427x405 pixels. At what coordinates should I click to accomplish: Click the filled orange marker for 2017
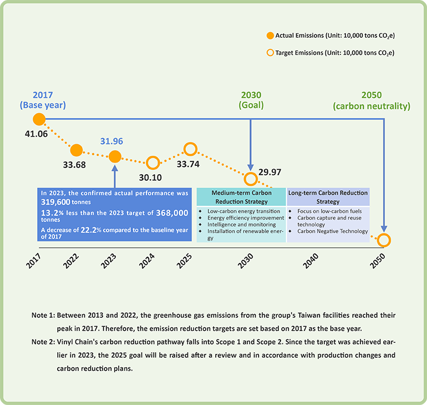pyautogui.click(x=39, y=119)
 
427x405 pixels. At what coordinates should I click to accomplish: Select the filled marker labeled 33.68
pyautogui.click(x=77, y=150)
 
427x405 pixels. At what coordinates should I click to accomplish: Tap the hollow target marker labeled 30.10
pyautogui.click(x=152, y=163)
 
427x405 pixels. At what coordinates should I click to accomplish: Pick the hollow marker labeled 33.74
pyautogui.click(x=190, y=149)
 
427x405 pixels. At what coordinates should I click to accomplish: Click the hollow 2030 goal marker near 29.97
pyautogui.click(x=251, y=179)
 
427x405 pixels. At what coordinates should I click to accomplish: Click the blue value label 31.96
pyautogui.click(x=111, y=141)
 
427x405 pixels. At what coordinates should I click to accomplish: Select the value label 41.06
pyautogui.click(x=36, y=134)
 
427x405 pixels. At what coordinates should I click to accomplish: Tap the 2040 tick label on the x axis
pyautogui.click(x=311, y=261)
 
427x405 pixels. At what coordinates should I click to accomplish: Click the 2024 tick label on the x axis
pyautogui.click(x=147, y=261)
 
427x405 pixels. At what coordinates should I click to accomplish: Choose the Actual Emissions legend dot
pyautogui.click(x=270, y=36)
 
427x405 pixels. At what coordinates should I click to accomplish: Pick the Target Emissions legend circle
pyautogui.click(x=270, y=53)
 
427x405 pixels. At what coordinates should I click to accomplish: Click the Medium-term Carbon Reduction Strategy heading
pyautogui.click(x=242, y=197)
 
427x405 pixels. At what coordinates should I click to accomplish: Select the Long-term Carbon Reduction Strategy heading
pyautogui.click(x=328, y=197)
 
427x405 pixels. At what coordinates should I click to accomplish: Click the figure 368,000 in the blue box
pyautogui.click(x=172, y=212)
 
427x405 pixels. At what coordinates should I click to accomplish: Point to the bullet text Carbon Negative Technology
pyautogui.click(x=333, y=231)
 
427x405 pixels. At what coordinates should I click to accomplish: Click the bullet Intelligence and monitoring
pyautogui.click(x=242, y=225)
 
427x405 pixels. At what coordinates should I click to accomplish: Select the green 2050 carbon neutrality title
pyautogui.click(x=372, y=100)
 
